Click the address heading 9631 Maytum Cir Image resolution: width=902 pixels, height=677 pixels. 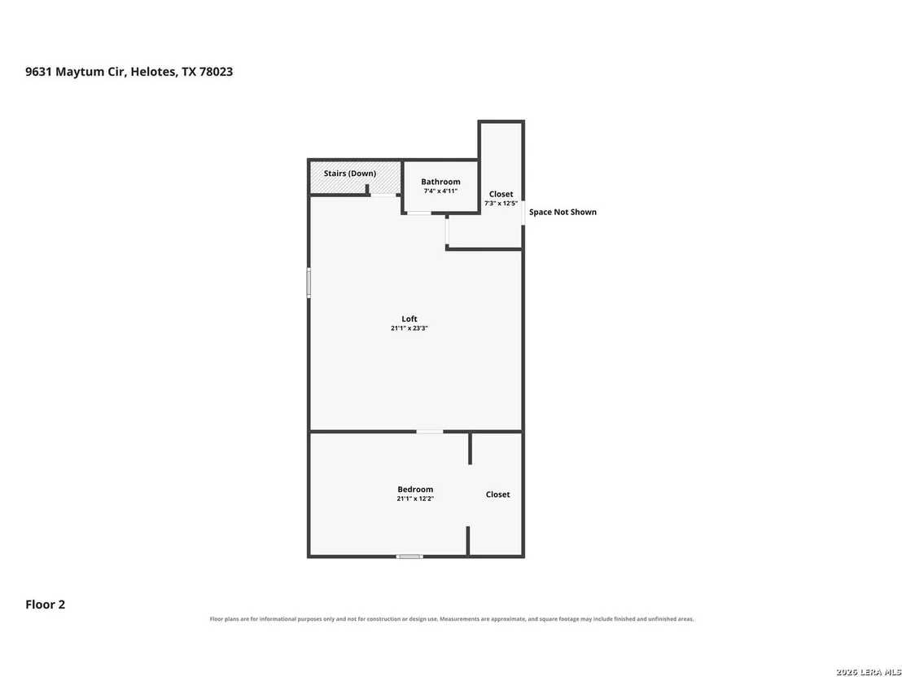coord(75,72)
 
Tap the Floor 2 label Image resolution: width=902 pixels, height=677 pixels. coord(46,604)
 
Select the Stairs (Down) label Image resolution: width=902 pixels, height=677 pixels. coord(350,174)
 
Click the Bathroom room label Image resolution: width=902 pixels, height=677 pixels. coord(440,182)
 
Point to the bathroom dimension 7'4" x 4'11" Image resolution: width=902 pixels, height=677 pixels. coord(440,191)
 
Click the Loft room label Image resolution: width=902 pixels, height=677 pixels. coord(409,319)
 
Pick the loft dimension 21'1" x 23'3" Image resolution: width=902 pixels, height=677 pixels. coord(409,328)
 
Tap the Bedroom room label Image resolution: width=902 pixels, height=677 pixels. coord(415,490)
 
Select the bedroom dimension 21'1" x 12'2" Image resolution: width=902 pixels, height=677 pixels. coord(415,499)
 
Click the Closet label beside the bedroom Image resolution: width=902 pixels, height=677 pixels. coord(497,495)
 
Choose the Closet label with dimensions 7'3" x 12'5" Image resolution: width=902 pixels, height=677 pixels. coord(501,194)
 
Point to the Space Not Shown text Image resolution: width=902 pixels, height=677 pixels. coord(563,212)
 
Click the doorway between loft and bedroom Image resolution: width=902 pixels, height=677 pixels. coord(430,431)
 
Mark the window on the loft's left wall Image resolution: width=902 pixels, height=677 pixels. coord(309,283)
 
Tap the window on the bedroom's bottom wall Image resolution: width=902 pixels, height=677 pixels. coord(409,556)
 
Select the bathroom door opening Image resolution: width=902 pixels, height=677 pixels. coord(418,213)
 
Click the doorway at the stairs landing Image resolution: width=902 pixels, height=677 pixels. coord(383,196)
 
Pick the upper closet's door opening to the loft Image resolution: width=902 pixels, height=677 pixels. coord(447,231)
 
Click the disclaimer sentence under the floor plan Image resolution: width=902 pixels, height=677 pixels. coord(452,619)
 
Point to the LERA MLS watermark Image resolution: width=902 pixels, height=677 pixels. coord(869,672)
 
